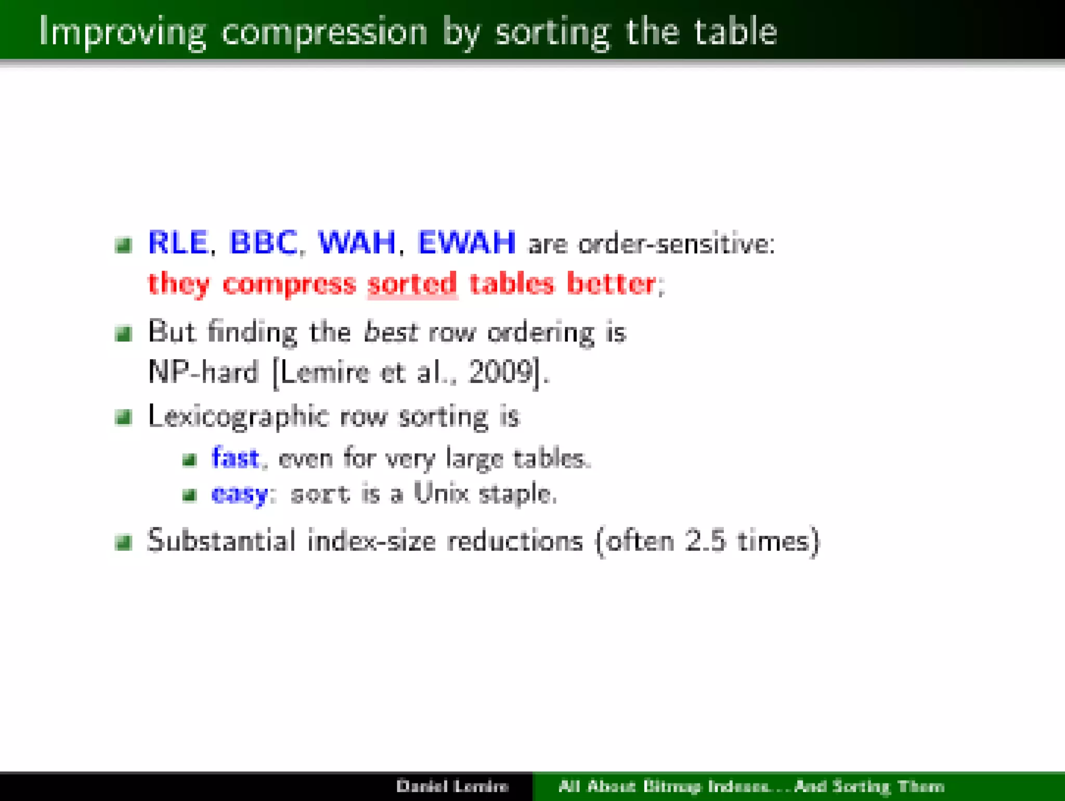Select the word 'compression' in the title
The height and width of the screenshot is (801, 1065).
click(x=324, y=32)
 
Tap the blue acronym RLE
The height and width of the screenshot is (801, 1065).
click(x=178, y=243)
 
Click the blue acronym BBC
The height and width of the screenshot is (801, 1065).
click(x=263, y=243)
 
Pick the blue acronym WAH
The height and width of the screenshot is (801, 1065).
click(x=357, y=243)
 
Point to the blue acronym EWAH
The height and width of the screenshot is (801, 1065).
click(x=466, y=243)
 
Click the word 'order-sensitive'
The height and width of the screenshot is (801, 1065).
click(x=676, y=244)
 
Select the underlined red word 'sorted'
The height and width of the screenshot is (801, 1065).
click(x=412, y=284)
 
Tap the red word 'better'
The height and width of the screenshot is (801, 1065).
click(x=611, y=284)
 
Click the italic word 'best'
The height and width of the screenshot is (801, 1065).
click(x=390, y=332)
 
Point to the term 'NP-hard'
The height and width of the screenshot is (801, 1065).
click(x=203, y=372)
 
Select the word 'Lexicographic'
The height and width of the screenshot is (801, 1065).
click(x=239, y=417)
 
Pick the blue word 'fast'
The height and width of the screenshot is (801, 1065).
click(x=235, y=458)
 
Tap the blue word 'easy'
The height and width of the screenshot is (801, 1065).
click(x=239, y=493)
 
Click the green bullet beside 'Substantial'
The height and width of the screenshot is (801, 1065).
click(x=124, y=542)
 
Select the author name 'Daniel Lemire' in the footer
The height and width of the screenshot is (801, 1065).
click(x=452, y=786)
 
